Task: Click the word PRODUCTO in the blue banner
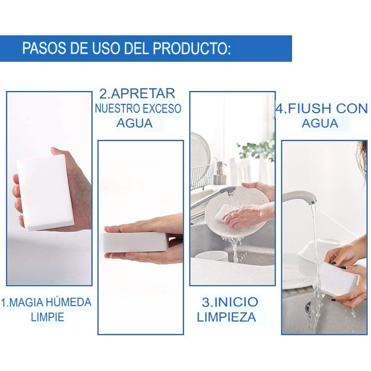click(192, 49)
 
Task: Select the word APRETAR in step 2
click(143, 94)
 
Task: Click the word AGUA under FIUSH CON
click(320, 123)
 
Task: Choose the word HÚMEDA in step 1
click(70, 302)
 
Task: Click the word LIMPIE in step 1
click(47, 317)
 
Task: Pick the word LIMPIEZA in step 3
click(226, 317)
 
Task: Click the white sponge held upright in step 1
click(46, 193)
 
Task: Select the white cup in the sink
click(211, 258)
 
